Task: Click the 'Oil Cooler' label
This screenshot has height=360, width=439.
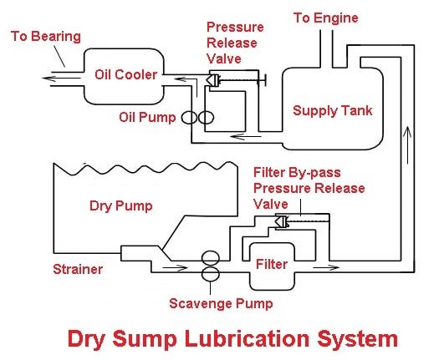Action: pos(125,74)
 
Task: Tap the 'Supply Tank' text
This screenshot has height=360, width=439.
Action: pos(332,110)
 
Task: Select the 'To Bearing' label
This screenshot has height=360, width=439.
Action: pos(46,37)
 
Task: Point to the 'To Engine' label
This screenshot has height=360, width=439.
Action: pos(326,18)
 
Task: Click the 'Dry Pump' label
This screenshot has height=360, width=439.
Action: pos(121,206)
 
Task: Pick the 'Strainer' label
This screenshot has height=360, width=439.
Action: pos(78,269)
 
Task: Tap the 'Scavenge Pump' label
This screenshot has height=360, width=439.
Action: pos(221,304)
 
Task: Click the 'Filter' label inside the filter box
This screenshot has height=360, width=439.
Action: pos(272,264)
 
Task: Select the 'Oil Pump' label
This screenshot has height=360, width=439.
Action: pos(147,117)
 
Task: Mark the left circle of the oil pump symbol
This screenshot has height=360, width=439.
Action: pos(189,118)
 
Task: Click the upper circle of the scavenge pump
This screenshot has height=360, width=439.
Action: pos(211,258)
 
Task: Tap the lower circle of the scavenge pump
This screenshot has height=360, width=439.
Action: pos(211,273)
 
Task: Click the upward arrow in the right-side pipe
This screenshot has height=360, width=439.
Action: pos(407,145)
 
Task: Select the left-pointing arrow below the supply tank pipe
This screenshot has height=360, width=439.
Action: pos(245,137)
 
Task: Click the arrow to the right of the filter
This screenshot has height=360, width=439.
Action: pos(325,267)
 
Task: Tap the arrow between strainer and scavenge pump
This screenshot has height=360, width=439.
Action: pos(175,268)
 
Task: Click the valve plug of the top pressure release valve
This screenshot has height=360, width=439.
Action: pos(212,80)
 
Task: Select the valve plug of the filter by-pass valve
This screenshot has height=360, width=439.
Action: pos(282,222)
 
